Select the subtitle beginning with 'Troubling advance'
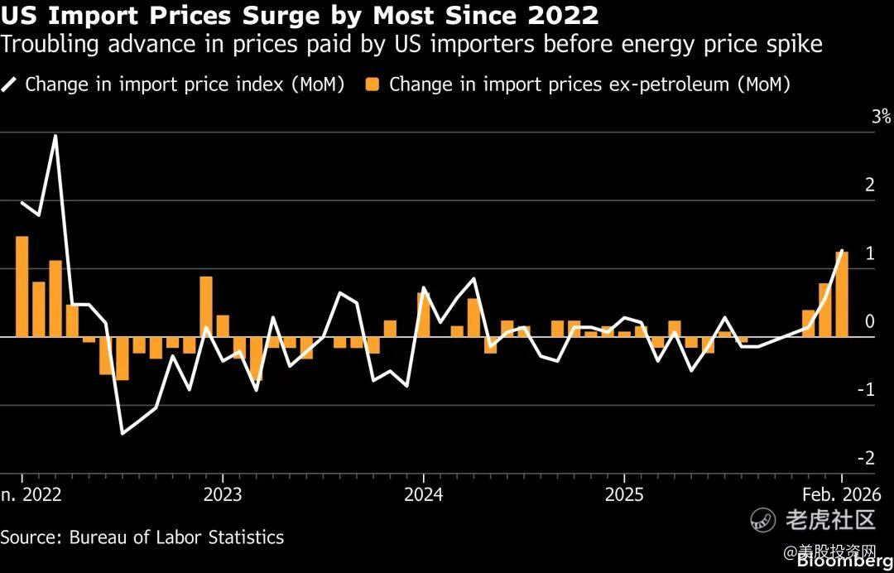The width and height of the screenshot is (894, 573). [411, 44]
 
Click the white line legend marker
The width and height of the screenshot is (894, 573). [10, 84]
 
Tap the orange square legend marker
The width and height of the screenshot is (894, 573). [373, 84]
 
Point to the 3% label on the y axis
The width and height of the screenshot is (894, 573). [881, 117]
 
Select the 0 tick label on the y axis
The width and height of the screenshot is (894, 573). [870, 321]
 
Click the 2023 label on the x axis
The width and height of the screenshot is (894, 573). [222, 494]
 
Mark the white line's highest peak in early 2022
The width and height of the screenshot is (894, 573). [55, 136]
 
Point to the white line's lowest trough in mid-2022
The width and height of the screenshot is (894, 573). [123, 433]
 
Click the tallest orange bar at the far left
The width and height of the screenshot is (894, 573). [22, 286]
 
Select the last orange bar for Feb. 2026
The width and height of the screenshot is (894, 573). [842, 295]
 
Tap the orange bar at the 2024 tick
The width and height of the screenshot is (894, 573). [423, 315]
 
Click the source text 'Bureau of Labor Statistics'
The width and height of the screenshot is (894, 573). [176, 537]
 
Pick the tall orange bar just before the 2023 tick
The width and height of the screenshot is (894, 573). [206, 306]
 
